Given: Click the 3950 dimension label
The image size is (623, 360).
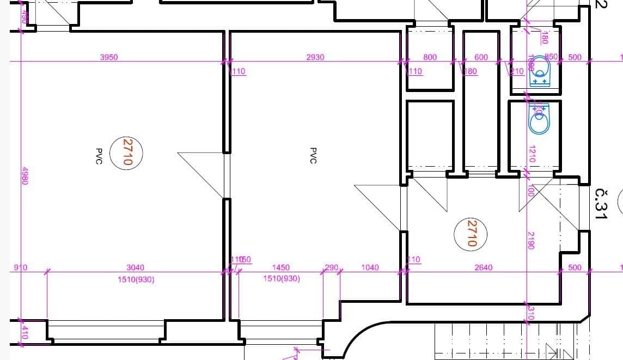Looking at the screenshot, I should click(x=109, y=57).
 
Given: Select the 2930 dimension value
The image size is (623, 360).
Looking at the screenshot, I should click(x=315, y=57).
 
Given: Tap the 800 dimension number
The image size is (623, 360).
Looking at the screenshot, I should click(x=430, y=57).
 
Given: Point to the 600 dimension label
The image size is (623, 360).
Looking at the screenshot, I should click(x=481, y=57).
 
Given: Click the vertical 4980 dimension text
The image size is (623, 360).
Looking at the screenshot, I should click(x=24, y=176).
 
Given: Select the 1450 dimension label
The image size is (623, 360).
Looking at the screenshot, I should click(x=280, y=267).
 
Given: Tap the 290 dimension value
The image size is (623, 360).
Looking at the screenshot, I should click(x=331, y=267).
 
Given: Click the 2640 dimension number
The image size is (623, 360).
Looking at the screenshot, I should click(x=483, y=267).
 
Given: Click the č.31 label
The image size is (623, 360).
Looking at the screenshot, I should click(x=601, y=204).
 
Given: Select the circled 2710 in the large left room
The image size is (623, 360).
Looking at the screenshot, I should click(x=127, y=152).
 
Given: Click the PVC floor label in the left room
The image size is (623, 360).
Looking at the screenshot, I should click(x=99, y=155).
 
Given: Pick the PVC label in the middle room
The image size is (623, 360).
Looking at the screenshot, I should click(x=313, y=155).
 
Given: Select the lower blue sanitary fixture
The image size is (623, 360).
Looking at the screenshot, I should click(x=541, y=119).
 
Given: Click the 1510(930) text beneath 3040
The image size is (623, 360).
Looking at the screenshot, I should click(x=136, y=279).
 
